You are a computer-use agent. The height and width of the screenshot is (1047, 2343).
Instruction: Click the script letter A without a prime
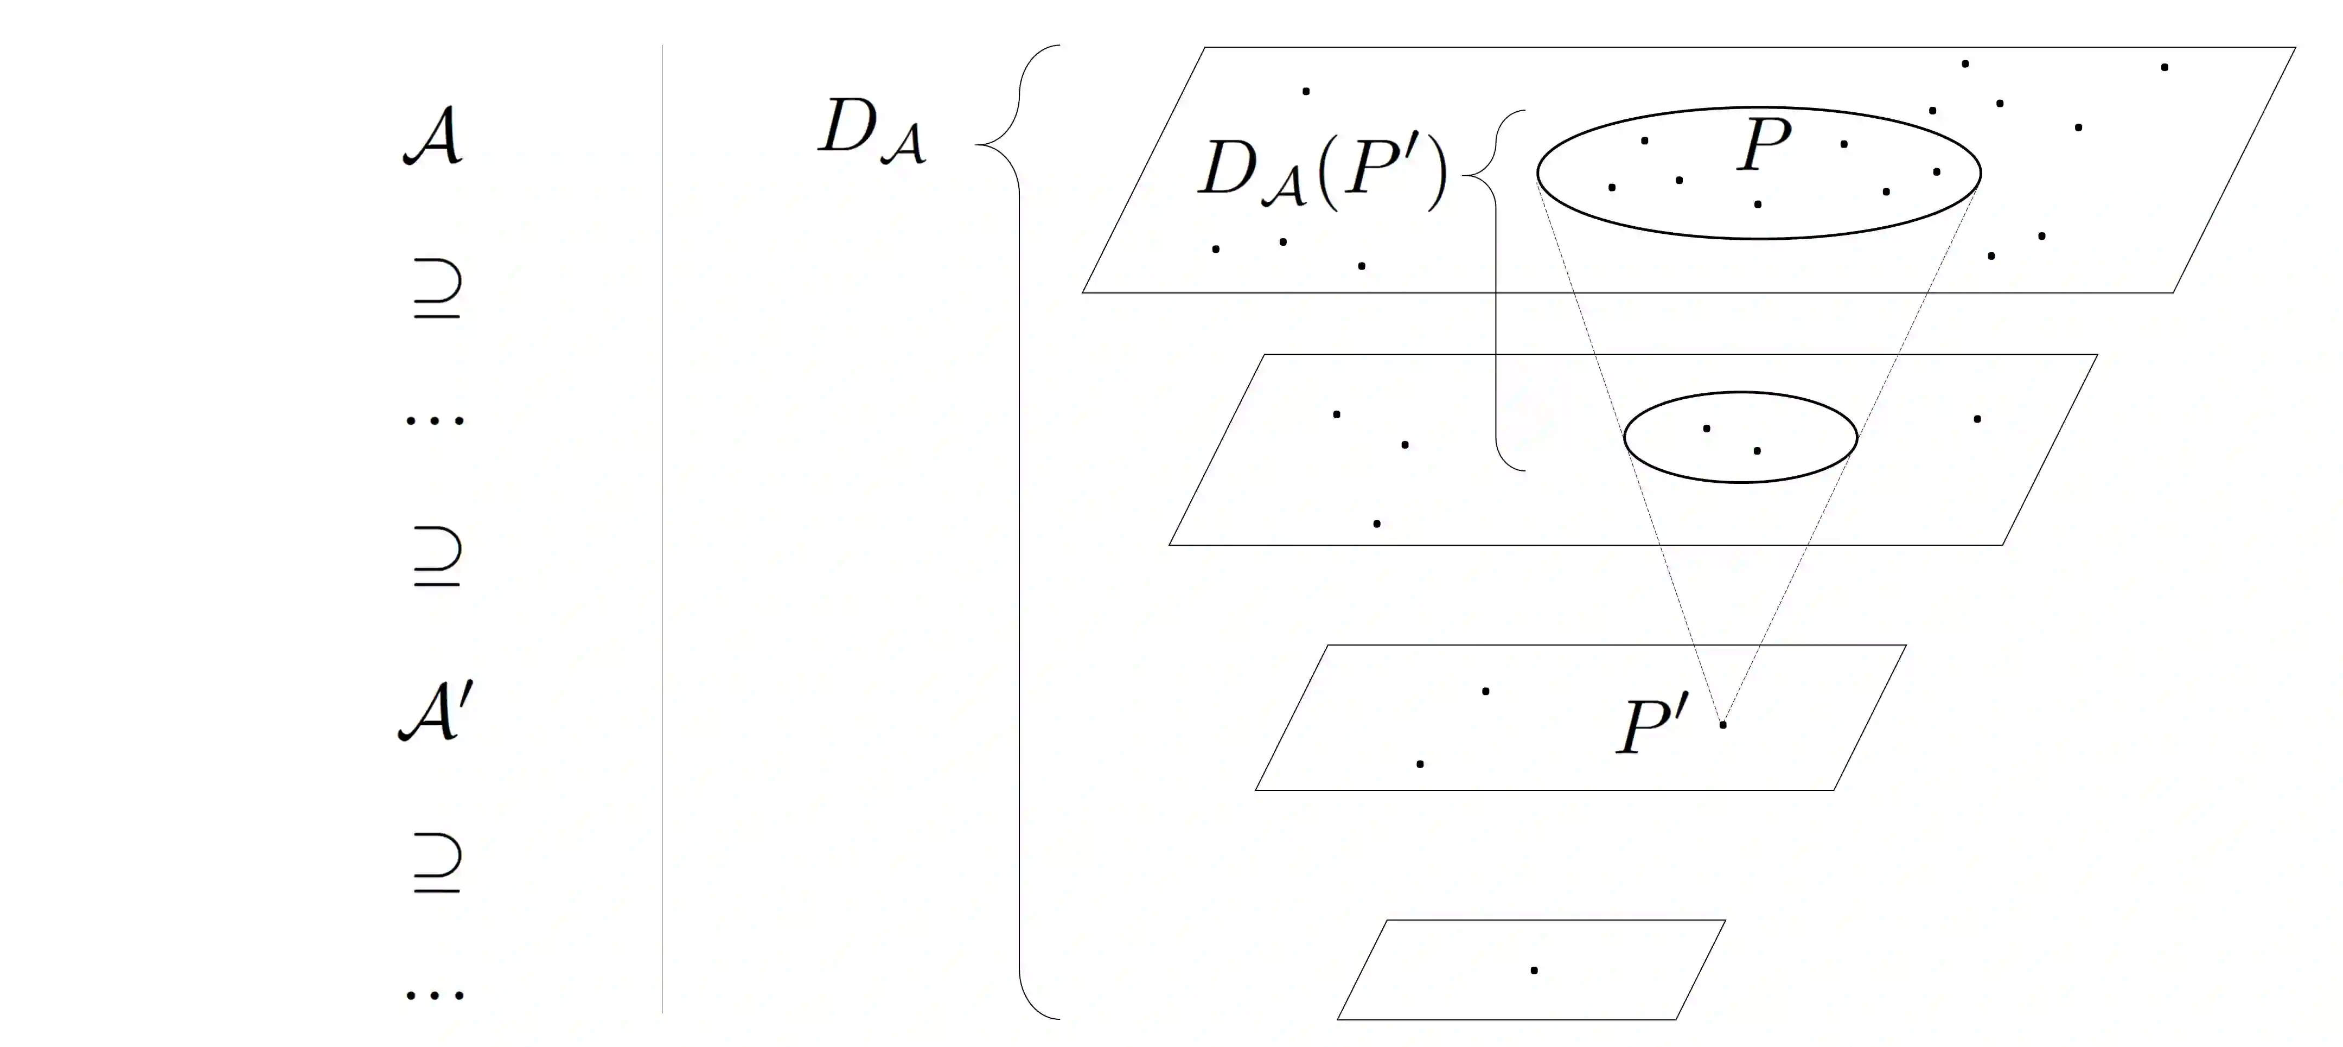click(x=434, y=137)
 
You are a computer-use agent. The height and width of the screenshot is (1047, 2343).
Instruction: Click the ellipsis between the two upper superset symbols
click(x=435, y=420)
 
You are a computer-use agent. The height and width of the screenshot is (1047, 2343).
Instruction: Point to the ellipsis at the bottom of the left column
click(x=435, y=995)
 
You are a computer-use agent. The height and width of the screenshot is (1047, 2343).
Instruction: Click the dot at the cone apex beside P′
click(x=1723, y=725)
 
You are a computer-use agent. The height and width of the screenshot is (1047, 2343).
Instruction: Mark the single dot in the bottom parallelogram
click(x=1534, y=971)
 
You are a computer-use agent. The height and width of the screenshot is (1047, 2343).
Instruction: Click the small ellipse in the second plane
click(x=1740, y=393)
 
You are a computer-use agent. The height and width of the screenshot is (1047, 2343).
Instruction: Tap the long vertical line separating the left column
click(x=662, y=528)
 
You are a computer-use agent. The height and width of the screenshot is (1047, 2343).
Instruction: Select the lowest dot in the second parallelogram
click(x=1377, y=524)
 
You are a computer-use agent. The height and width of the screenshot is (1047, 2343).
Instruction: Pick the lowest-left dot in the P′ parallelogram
click(x=1420, y=764)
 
